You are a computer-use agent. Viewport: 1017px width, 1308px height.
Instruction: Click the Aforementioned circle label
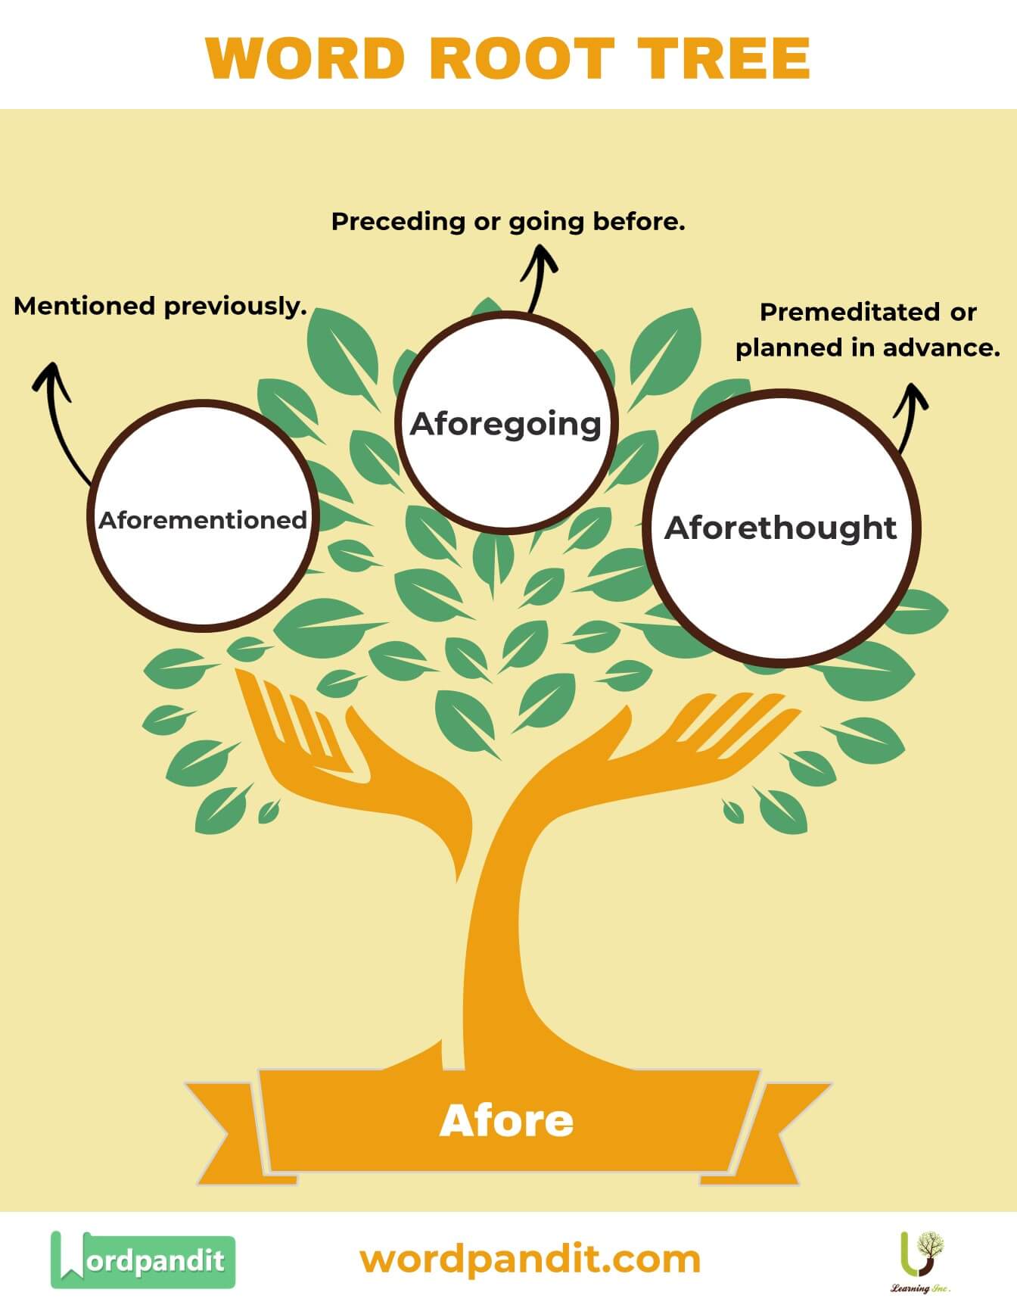pyautogui.click(x=203, y=520)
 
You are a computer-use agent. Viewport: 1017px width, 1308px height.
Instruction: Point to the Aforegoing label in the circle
pyautogui.click(x=505, y=423)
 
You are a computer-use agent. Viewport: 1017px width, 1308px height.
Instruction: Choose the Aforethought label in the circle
pyautogui.click(x=780, y=528)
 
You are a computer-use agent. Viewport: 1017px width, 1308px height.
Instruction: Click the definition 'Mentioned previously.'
pyautogui.click(x=160, y=307)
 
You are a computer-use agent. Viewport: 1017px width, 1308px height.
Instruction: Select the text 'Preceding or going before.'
pyautogui.click(x=508, y=222)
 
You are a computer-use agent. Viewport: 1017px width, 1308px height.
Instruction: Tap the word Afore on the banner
pyautogui.click(x=506, y=1121)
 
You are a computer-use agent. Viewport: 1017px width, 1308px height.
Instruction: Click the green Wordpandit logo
pyautogui.click(x=142, y=1260)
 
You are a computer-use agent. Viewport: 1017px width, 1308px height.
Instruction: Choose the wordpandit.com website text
pyautogui.click(x=530, y=1260)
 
